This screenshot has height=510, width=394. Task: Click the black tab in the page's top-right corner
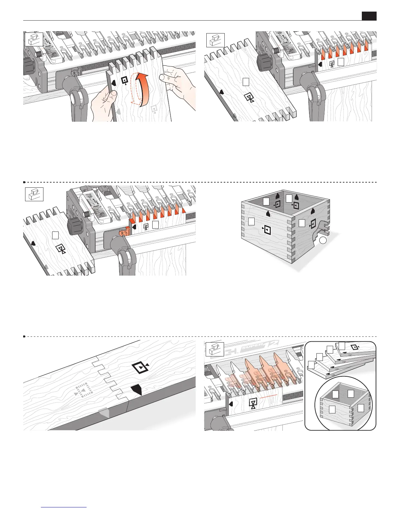[x=369, y=16]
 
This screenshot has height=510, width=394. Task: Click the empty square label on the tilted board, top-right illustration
[x=246, y=82]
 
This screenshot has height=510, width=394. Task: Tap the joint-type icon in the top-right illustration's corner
[x=215, y=40]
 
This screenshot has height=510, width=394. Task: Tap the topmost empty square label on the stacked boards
[x=342, y=345]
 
